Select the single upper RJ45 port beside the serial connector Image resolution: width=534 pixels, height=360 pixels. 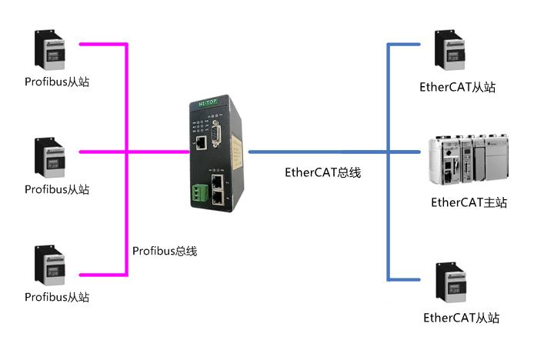tap(199, 142)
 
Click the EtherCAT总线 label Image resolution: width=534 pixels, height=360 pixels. tap(322, 173)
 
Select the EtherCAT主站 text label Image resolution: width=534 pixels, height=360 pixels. tap(469, 203)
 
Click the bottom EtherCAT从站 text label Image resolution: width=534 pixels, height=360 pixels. tap(461, 318)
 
